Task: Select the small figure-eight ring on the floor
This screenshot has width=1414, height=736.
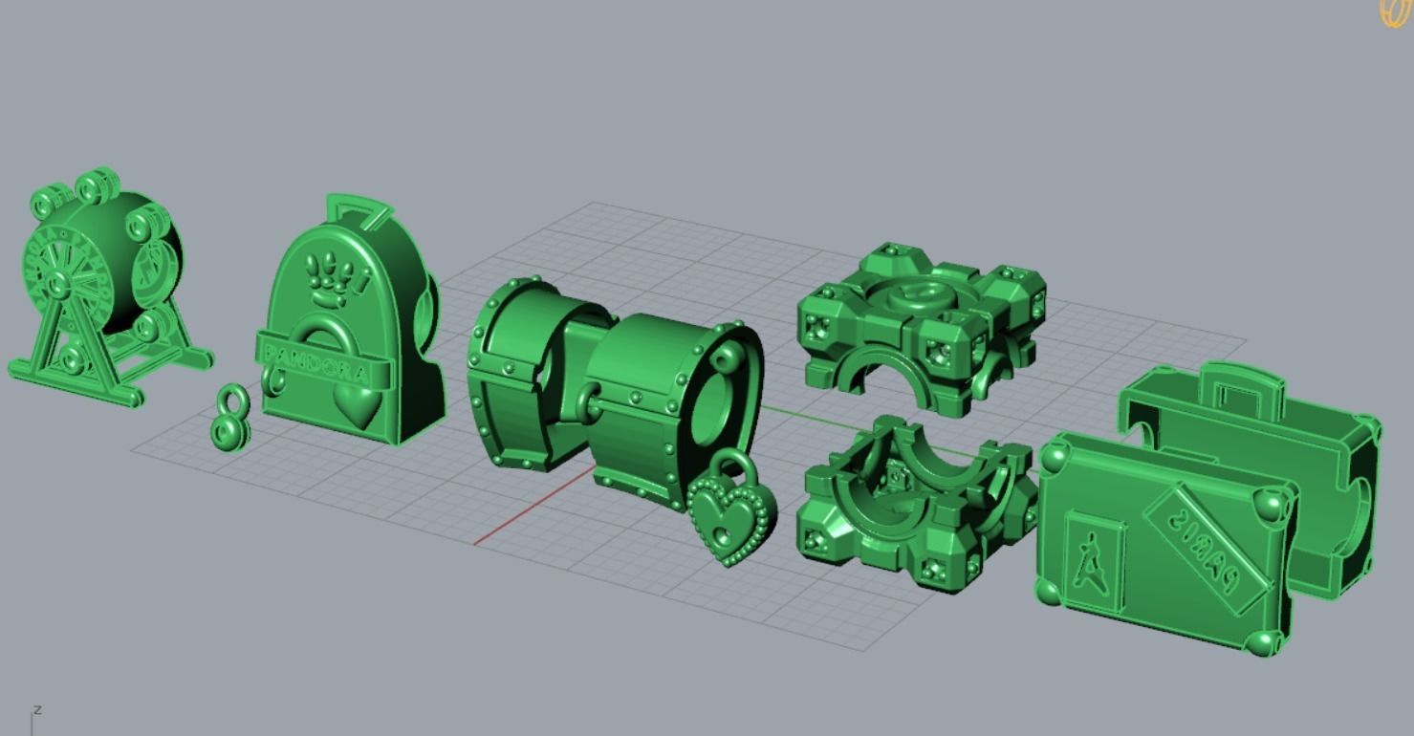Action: click(x=230, y=417)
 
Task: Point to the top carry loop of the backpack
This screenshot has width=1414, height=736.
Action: click(x=359, y=208)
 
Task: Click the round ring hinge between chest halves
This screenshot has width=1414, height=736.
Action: click(x=589, y=400)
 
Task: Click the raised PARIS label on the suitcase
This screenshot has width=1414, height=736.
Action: click(x=1207, y=543)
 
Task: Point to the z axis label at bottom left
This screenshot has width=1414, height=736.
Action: click(x=37, y=709)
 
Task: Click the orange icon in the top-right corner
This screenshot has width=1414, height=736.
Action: click(x=1396, y=12)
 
